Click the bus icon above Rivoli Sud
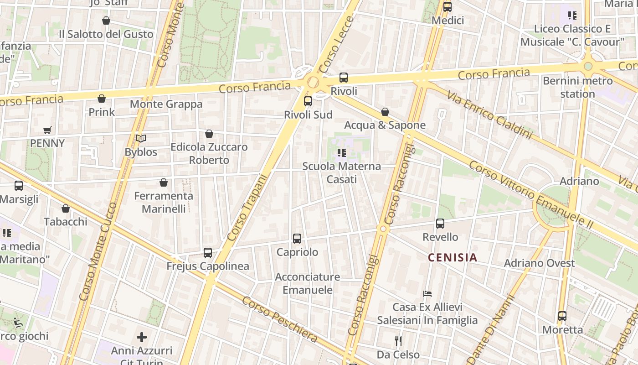[x=308, y=101]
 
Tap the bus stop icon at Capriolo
[x=297, y=239]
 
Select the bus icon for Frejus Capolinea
[x=208, y=253]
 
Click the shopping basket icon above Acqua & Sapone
[x=385, y=112]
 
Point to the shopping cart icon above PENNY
[x=47, y=130]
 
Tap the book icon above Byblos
[x=141, y=139]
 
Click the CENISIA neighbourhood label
[x=453, y=258]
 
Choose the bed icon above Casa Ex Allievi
[x=427, y=293]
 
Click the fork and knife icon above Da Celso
[x=398, y=341]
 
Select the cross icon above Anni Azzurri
[x=142, y=337]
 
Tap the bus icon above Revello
[x=440, y=224]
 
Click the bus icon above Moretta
[x=562, y=316]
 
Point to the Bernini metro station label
[x=578, y=88]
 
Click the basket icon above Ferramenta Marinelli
[x=164, y=183]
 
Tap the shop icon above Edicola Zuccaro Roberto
[x=209, y=134]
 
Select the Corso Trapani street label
[x=247, y=208]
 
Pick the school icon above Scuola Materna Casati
[x=342, y=153]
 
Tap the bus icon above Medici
[x=448, y=7]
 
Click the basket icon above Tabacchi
[x=66, y=209]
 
